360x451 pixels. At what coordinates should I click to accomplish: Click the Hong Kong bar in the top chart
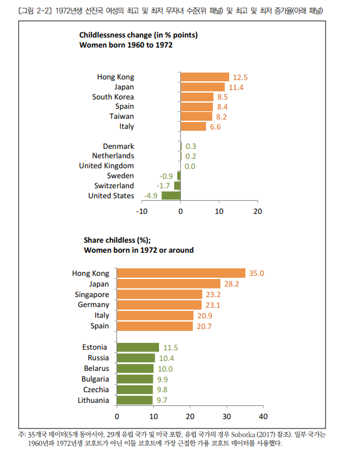[x=205, y=77]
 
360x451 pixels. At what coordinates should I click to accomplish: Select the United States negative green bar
[x=171, y=196]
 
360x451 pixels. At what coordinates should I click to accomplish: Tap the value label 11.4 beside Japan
[x=236, y=88]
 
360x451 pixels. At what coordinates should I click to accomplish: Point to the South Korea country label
[x=113, y=97]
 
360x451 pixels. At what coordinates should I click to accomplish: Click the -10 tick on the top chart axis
[x=141, y=211]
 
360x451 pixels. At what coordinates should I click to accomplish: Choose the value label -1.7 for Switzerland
[x=163, y=186]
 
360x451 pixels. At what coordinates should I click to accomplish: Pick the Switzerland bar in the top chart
[x=177, y=186]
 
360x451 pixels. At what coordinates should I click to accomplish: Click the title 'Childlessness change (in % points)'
[x=138, y=35]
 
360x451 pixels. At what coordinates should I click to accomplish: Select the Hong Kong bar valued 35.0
[x=181, y=273]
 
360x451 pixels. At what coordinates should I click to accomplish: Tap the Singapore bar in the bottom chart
[x=160, y=294]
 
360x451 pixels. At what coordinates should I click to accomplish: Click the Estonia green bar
[x=138, y=347]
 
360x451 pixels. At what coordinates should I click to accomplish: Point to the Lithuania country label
[x=93, y=400]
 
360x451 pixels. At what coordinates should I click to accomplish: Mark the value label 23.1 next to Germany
[x=213, y=305]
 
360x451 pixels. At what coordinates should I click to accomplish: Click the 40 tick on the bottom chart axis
[x=263, y=417]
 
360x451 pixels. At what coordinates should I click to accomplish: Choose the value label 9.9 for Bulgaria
[x=162, y=380]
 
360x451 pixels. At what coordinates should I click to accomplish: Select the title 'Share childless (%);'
[x=117, y=240]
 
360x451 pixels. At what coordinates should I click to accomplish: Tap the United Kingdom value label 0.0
[x=190, y=166]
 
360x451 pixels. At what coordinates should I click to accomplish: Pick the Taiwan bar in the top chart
[x=197, y=116]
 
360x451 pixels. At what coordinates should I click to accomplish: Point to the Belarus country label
[x=96, y=368]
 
